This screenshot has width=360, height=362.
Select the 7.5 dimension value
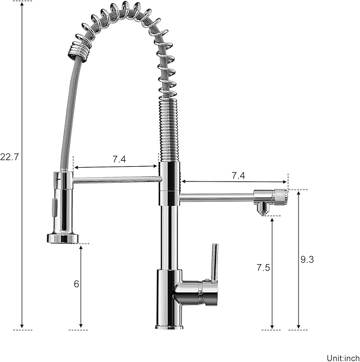tap(264, 268)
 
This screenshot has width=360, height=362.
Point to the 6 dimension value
tap(76, 284)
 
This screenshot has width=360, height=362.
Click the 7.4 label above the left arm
tap(119, 159)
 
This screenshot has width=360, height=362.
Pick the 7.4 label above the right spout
tap(238, 175)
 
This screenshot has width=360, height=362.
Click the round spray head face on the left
tap(63, 238)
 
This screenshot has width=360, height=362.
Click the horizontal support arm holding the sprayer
tap(117, 180)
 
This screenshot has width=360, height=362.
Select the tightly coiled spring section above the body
tap(169, 127)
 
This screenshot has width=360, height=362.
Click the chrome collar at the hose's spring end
tap(74, 51)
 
